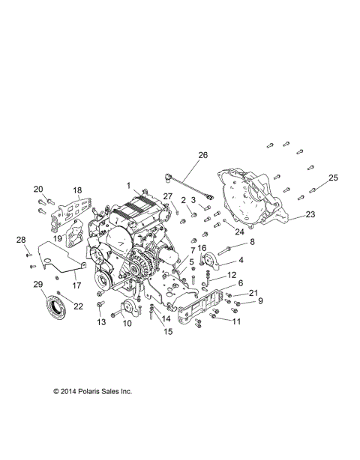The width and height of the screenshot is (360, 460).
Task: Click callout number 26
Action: click(202, 155)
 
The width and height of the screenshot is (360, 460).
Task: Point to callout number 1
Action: click(128, 184)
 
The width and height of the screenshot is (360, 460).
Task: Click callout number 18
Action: click(77, 190)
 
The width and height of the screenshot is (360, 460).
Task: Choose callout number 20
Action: click(38, 190)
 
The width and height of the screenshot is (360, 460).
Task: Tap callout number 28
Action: click(21, 240)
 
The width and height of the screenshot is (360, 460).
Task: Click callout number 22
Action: click(79, 306)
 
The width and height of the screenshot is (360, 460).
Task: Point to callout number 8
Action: click(252, 241)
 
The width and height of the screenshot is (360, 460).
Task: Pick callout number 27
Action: click(167, 196)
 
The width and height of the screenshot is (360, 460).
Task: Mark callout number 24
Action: click(240, 231)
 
